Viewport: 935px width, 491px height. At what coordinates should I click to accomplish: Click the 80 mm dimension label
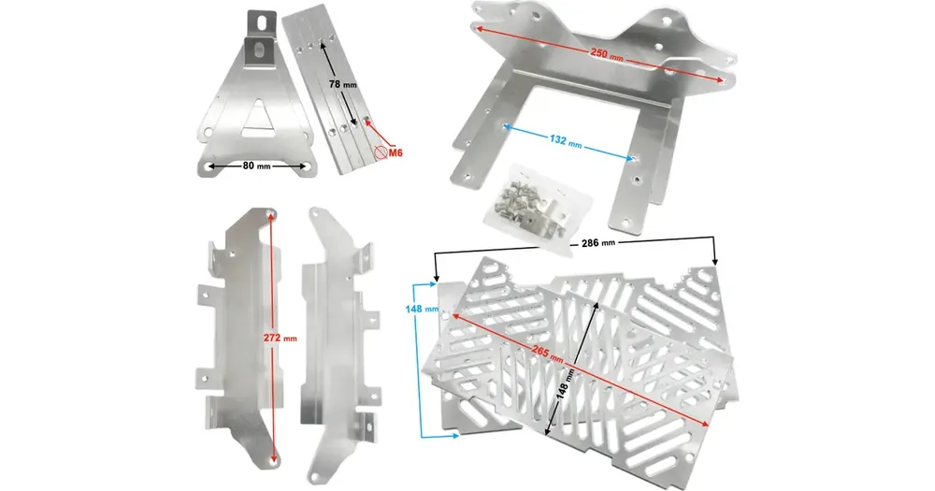coord(256,166)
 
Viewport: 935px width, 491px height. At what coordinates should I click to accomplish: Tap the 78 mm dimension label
coord(343,84)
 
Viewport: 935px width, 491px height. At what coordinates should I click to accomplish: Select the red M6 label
coord(396,152)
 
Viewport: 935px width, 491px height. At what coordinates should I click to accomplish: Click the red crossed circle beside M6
coord(381,152)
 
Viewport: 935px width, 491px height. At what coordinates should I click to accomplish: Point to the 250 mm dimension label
coord(607,54)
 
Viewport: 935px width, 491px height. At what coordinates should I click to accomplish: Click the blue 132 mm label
coord(565,141)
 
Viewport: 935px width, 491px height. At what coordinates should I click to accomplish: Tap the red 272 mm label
coord(280,338)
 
